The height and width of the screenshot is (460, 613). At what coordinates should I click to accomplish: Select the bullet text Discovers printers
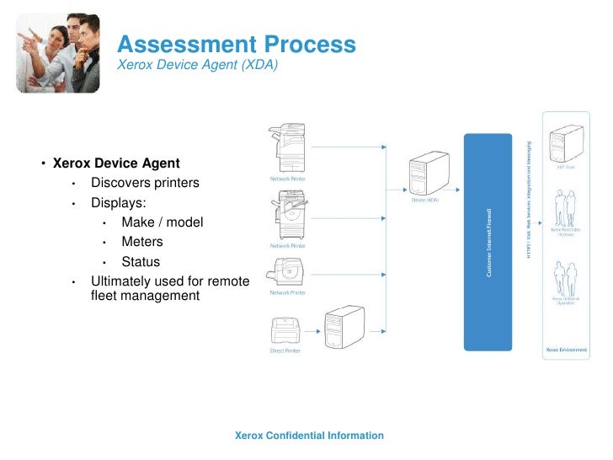tap(146, 183)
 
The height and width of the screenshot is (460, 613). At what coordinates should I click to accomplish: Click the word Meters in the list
tap(142, 242)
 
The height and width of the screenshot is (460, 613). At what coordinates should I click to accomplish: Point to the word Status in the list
tap(141, 262)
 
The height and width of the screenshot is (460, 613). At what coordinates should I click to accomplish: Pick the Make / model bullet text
tap(163, 222)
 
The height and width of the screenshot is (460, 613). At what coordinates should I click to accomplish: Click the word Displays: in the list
tap(119, 203)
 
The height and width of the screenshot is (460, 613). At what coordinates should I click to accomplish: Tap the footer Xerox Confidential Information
tap(309, 436)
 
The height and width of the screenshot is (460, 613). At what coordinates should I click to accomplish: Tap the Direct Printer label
tap(285, 350)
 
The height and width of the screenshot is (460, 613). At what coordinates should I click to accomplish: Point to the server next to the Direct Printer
tap(344, 328)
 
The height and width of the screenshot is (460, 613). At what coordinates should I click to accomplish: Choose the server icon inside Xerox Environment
tap(565, 143)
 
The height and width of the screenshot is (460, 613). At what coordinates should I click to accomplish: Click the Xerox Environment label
tap(565, 349)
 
